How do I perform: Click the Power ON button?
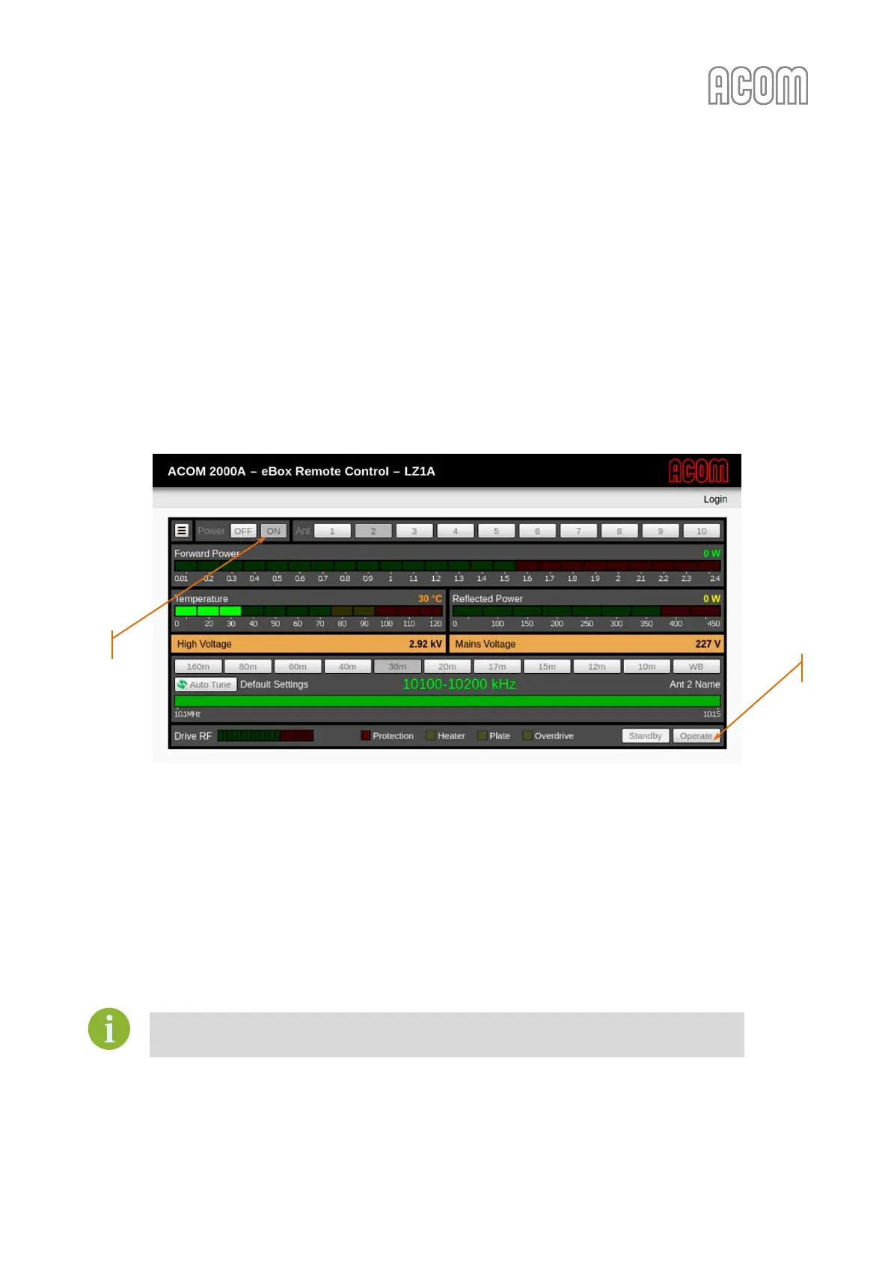[x=274, y=531]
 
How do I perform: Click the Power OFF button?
[x=243, y=531]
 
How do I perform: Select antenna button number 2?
[x=373, y=531]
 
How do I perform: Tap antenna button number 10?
[x=701, y=531]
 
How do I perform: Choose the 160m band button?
[x=198, y=666]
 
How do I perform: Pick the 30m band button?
[x=397, y=666]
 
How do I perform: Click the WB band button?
[x=696, y=666]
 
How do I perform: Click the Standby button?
[x=645, y=736]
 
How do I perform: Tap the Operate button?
[x=696, y=736]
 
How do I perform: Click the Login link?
[x=715, y=499]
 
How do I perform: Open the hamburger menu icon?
[x=182, y=530]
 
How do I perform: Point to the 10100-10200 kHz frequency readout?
[x=459, y=684]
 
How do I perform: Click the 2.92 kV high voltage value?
[x=425, y=644]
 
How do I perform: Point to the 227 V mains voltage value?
[x=708, y=644]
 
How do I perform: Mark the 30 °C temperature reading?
[x=429, y=599]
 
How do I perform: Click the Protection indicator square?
[x=366, y=736]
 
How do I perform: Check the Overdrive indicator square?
[x=527, y=736]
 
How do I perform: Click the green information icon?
[x=109, y=1028]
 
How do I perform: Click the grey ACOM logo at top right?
[x=758, y=85]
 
